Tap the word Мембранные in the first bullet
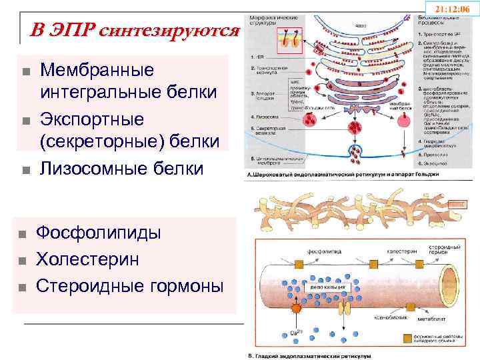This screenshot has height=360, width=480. coord(97,71)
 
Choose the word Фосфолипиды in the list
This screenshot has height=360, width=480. coord(99,234)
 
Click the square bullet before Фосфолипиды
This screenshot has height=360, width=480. coord(23,235)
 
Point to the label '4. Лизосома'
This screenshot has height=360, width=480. coord(261,114)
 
